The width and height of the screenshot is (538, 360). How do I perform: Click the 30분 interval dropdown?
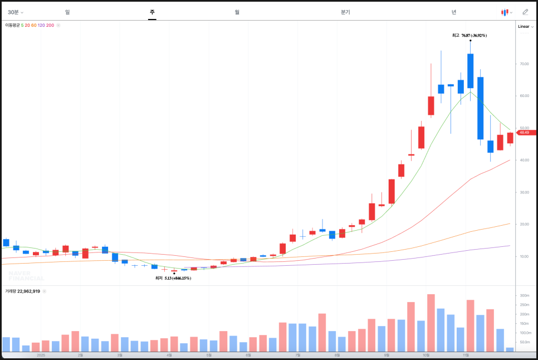click(x=16, y=12)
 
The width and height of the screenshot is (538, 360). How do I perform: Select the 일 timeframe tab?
click(x=67, y=12)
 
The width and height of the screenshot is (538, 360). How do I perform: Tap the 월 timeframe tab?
click(x=237, y=12)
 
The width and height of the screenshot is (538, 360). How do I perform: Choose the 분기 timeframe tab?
click(x=345, y=12)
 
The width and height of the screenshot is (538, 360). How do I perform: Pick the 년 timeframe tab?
click(x=454, y=12)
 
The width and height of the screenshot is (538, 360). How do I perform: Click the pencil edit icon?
click(x=525, y=12)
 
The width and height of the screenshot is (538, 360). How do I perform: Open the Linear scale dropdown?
click(x=525, y=26)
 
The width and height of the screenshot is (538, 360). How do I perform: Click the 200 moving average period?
click(x=50, y=25)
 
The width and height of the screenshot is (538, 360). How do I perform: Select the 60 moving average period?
click(x=33, y=25)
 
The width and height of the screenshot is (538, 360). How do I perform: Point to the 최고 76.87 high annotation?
click(x=469, y=35)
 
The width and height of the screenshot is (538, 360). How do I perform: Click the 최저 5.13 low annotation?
click(x=173, y=278)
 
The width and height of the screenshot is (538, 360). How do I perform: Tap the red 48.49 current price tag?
click(x=526, y=133)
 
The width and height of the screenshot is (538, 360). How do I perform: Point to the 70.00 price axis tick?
click(x=524, y=64)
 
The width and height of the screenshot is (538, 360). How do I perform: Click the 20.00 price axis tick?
click(x=524, y=225)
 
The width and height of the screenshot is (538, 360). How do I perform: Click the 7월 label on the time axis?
click(x=297, y=355)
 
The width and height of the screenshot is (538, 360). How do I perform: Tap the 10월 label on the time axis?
click(x=426, y=355)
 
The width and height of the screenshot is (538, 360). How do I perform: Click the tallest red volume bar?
click(x=431, y=323)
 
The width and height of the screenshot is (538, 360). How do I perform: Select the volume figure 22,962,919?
click(x=28, y=291)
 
